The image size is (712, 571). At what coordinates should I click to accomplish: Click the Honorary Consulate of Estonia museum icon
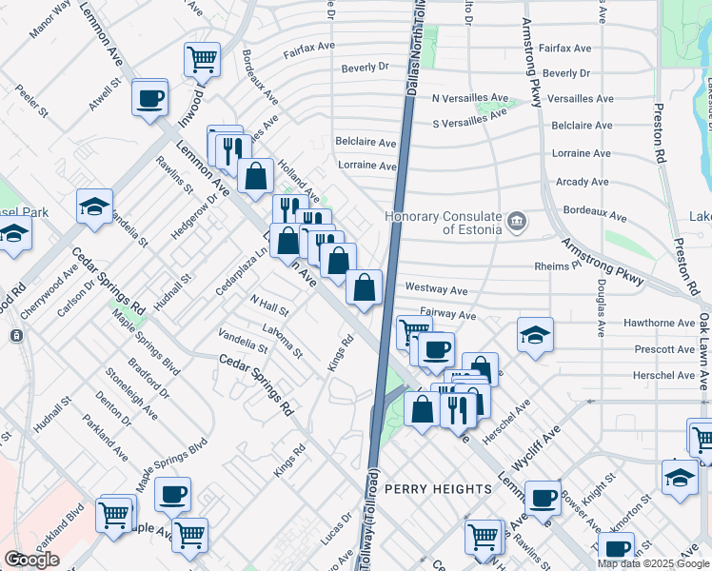click(x=517, y=223)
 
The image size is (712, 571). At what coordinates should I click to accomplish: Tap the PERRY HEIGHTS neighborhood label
click(x=438, y=488)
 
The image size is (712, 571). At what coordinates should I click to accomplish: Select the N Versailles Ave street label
click(x=465, y=98)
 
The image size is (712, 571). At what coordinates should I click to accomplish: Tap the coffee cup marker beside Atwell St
click(x=149, y=97)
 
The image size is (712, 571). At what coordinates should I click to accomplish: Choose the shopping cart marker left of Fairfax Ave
click(x=202, y=59)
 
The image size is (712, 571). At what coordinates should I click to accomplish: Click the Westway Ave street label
click(x=436, y=287)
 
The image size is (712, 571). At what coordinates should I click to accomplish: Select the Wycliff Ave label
click(x=540, y=438)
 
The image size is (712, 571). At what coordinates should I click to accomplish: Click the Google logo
click(x=31, y=560)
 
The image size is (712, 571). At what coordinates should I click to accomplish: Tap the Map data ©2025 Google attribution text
click(x=652, y=563)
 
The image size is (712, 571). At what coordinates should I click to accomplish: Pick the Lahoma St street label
click(x=277, y=340)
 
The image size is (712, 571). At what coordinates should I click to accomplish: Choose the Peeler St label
click(x=33, y=100)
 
